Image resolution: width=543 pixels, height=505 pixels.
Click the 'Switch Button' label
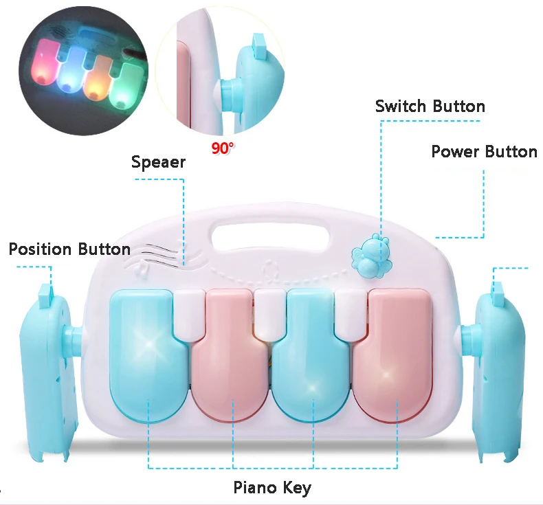pyautogui.click(x=430, y=106)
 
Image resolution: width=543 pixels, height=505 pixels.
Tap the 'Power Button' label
pyautogui.click(x=484, y=152)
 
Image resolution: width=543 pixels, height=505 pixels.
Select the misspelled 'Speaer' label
pyautogui.click(x=158, y=163)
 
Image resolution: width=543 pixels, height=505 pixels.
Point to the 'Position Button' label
pyautogui.click(x=69, y=249)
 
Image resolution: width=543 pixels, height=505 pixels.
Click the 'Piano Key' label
pyautogui.click(x=272, y=489)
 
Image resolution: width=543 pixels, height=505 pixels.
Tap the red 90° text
pyautogui.click(x=223, y=147)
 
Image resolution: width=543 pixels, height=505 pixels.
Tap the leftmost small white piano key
pyautogui.click(x=188, y=313)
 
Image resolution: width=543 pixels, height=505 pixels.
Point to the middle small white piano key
pyautogui.click(x=269, y=313)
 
